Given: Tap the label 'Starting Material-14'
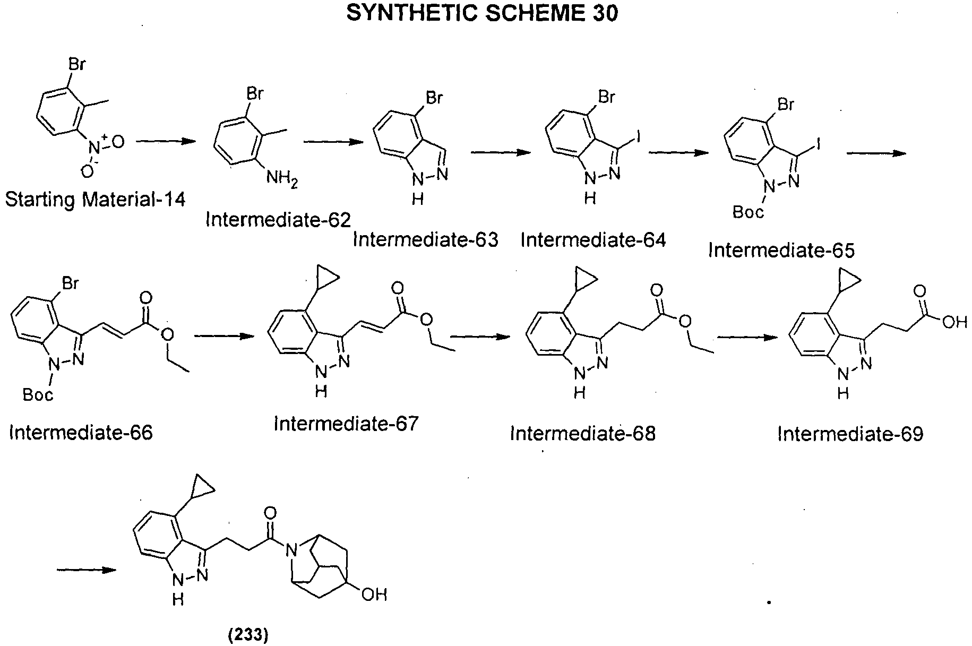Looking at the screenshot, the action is [x=96, y=200].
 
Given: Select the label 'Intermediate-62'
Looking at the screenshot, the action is [x=278, y=219].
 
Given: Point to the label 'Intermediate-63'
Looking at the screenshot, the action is [x=426, y=240].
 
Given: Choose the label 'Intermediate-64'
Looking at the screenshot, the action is [x=593, y=240].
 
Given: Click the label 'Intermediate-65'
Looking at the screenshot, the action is [x=781, y=250].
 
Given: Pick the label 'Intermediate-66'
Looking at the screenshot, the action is [x=81, y=433].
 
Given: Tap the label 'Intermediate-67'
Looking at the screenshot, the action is [x=346, y=424].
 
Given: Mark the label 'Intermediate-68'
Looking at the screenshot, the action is [x=583, y=434].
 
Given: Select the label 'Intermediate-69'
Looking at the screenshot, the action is [x=850, y=434].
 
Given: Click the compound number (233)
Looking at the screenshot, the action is [x=248, y=635].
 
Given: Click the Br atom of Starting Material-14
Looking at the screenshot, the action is [x=78, y=65].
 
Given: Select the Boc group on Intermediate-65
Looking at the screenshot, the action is [x=749, y=212].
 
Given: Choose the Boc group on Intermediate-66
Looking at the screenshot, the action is [x=38, y=395].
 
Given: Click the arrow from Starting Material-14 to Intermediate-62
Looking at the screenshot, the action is [x=163, y=142].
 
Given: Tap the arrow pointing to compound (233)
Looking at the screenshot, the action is [x=87, y=570].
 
